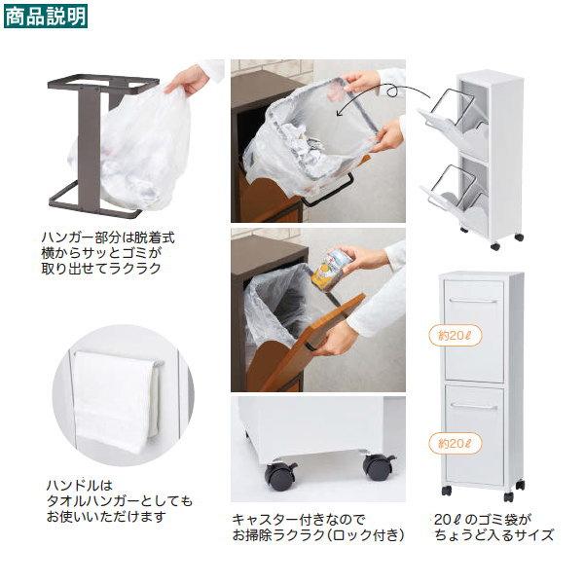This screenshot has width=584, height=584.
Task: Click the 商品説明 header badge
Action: (x=46, y=17)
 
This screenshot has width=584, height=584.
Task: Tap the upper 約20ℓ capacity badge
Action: (x=455, y=336)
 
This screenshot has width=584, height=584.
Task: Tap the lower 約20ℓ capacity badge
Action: (x=455, y=444)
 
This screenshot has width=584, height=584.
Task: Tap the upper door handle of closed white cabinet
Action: (x=473, y=301)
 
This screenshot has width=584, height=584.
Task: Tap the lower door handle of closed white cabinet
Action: (x=473, y=407)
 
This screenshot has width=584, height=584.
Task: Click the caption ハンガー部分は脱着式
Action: (x=108, y=237)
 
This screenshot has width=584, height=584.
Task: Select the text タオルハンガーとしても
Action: (x=120, y=501)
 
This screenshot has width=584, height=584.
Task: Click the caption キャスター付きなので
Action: (x=299, y=519)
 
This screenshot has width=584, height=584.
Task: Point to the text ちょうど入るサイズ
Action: (x=494, y=535)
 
